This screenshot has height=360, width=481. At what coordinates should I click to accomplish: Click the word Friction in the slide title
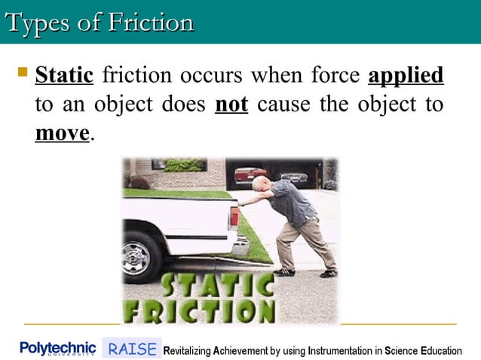point(150,22)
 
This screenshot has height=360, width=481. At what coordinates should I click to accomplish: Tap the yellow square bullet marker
point(21,74)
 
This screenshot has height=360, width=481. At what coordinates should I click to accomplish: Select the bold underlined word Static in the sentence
point(64,76)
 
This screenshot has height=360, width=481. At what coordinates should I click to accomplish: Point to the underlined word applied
point(406,76)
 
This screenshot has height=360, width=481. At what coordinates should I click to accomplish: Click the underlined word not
point(231,105)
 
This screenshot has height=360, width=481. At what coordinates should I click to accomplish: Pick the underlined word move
point(62,133)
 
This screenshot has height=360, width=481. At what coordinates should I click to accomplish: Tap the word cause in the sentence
point(283,105)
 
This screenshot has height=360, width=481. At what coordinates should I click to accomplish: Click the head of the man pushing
point(260,184)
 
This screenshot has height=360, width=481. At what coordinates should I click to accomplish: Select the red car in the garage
point(251,174)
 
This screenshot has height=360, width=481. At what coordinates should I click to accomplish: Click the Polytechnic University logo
point(58,349)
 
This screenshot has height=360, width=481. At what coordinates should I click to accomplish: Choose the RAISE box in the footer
point(132,349)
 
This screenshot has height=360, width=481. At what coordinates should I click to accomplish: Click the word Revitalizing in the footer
point(193,350)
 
